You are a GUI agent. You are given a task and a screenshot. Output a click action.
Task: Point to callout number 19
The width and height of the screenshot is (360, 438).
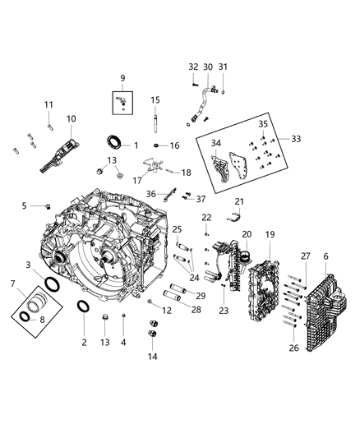point(269,234)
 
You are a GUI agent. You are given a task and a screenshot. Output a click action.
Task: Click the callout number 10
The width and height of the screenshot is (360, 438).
point(71,119)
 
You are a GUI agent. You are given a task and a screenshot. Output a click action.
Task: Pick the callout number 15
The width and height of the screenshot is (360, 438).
point(154,100)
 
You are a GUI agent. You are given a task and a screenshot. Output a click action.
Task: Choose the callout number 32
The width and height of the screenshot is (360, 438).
point(193,67)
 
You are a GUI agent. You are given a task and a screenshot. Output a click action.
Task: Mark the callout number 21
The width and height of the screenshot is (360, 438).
point(240,201)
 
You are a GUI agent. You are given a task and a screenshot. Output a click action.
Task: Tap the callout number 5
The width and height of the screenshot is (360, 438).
point(25,205)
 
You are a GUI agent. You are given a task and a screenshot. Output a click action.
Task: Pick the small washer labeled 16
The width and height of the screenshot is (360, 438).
point(155,146)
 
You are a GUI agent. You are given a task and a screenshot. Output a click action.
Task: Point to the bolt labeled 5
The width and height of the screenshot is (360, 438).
point(48,205)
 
